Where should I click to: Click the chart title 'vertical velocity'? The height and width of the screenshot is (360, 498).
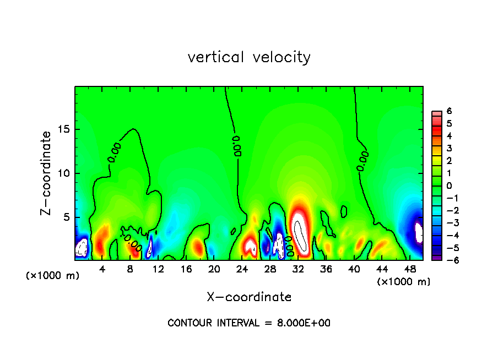click(x=249, y=57)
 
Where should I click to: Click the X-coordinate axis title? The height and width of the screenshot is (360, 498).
click(x=249, y=297)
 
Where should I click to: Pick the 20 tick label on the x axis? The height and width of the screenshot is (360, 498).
click(x=214, y=269)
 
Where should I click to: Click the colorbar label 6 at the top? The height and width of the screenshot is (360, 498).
click(x=449, y=111)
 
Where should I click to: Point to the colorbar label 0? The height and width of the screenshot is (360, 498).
click(x=449, y=186)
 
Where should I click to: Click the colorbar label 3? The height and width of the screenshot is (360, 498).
click(x=449, y=148)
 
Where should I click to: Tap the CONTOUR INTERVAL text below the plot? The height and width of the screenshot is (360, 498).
click(x=249, y=323)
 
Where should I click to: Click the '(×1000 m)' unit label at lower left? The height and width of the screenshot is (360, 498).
click(x=53, y=276)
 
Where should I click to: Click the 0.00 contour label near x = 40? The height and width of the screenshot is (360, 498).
click(x=362, y=161)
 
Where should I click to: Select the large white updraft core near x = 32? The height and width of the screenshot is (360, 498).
click(x=300, y=234)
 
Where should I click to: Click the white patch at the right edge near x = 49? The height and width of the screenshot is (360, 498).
click(x=419, y=232)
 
